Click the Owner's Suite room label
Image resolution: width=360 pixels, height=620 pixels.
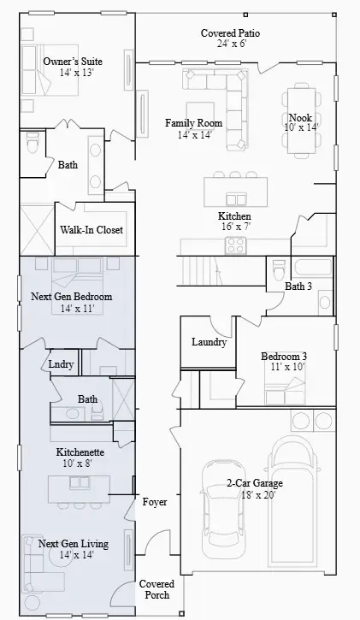pyautogui.click(x=73, y=62)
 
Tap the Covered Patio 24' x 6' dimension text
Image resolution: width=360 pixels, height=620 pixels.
pyautogui.click(x=232, y=44)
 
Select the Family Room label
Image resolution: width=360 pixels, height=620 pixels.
pyautogui.click(x=193, y=123)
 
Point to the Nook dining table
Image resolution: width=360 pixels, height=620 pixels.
pyautogui.click(x=302, y=121)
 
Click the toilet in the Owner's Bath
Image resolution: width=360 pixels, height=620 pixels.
pyautogui.click(x=32, y=142)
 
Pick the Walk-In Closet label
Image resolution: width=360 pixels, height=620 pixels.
pyautogui.click(x=91, y=230)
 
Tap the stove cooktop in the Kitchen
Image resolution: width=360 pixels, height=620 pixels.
pyautogui.click(x=235, y=245)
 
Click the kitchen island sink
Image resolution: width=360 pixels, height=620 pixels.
pyautogui.click(x=236, y=198)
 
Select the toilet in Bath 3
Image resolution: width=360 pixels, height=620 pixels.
pyautogui.click(x=280, y=269)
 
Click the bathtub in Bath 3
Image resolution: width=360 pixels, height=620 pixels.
pyautogui.click(x=313, y=268)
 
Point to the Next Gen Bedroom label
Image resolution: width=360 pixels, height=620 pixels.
pyautogui.click(x=72, y=297)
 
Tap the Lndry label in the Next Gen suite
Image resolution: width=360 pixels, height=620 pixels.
pyautogui.click(x=61, y=364)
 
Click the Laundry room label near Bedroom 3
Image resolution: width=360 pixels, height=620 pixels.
pyautogui.click(x=209, y=342)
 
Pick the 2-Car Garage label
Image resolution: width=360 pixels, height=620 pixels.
pyautogui.click(x=255, y=483)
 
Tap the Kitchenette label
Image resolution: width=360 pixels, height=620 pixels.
pyautogui.click(x=80, y=452)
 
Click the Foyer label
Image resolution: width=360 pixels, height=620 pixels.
pyautogui.click(x=155, y=502)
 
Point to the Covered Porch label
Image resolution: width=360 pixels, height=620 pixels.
pyautogui.click(x=156, y=589)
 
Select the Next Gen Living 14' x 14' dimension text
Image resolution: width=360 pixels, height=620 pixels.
pyautogui.click(x=77, y=555)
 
